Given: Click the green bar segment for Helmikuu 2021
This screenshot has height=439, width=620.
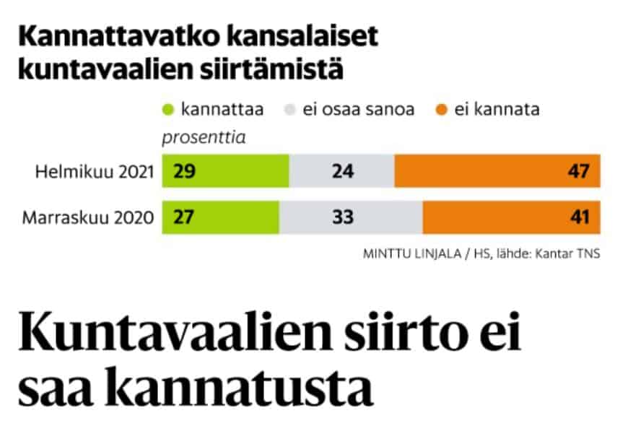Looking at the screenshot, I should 225,172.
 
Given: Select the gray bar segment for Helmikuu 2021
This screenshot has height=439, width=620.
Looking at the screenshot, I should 341,172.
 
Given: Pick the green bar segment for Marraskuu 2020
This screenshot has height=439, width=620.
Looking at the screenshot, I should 220,216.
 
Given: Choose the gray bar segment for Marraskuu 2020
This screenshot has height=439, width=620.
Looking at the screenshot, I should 351,216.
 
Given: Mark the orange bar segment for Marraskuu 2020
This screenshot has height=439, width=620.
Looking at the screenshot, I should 511,216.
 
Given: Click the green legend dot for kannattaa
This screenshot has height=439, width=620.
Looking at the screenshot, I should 169,110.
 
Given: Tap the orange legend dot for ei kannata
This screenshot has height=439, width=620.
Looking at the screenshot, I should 441,110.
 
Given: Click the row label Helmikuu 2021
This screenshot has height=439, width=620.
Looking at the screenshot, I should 97,173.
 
